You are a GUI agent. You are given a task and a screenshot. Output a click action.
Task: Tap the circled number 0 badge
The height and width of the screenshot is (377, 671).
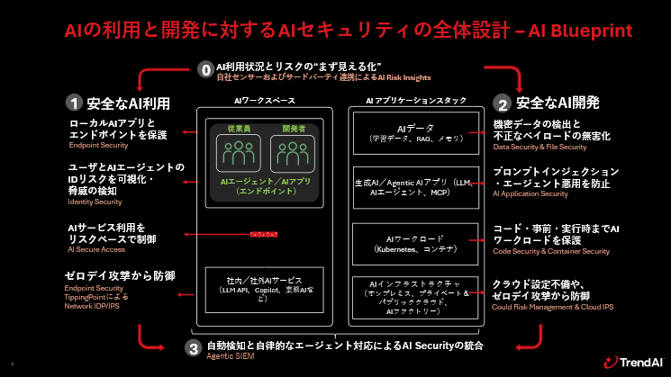click(205, 67)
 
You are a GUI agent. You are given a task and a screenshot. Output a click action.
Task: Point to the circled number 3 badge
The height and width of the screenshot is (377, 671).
click(192, 347)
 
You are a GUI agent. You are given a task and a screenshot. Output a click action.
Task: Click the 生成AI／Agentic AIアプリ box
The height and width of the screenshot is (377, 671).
click(413, 187)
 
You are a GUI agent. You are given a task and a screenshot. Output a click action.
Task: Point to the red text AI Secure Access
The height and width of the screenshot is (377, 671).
click(96, 248)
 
